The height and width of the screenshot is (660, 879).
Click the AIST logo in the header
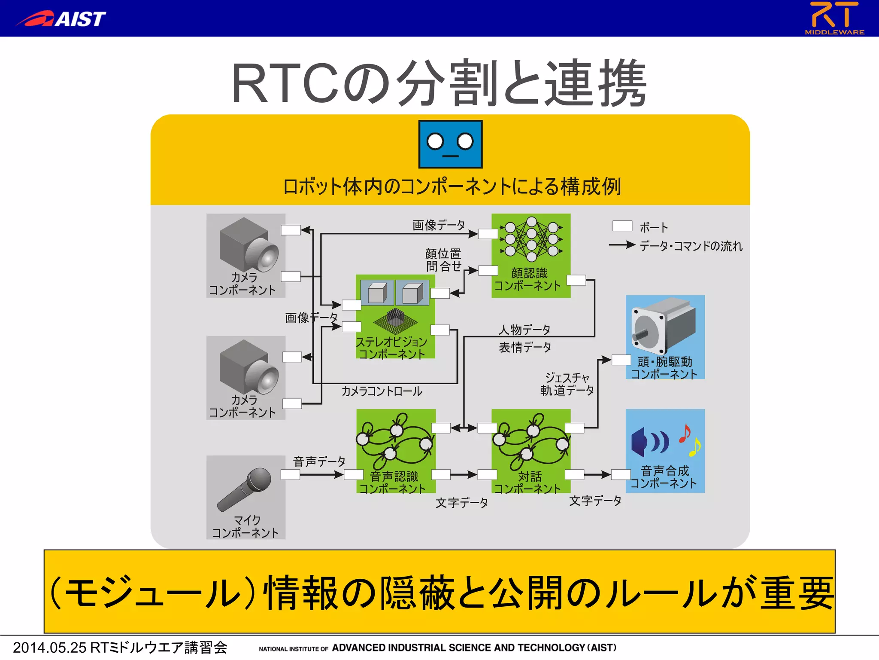pos(61,19)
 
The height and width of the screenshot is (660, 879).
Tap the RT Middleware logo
pos(834,18)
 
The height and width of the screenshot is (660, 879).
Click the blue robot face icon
pos(450,144)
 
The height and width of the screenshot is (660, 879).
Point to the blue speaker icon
pos(649,442)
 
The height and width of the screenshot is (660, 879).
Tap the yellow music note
pos(694,447)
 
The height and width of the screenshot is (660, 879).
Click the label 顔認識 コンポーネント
pos(528,279)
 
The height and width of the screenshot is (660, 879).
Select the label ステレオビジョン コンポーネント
pos(391,348)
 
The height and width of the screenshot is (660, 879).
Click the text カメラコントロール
pos(382,391)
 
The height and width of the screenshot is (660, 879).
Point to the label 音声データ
pos(319,461)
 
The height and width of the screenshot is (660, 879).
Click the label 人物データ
pos(524,330)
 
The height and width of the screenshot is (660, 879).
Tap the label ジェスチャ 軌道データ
pos(567,384)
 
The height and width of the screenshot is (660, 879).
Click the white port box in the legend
pos(622,226)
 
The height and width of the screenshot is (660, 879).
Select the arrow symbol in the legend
pos(622,245)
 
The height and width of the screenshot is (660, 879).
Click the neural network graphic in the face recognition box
pos(531,239)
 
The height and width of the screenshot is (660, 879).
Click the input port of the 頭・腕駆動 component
pos(621,360)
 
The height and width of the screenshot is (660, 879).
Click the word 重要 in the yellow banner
pos(797,593)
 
